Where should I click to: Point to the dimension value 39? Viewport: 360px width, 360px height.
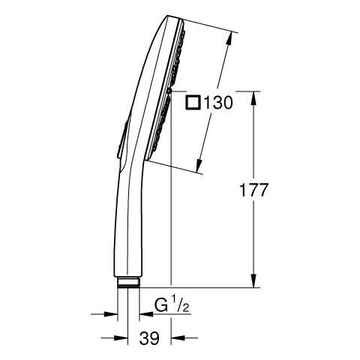150,339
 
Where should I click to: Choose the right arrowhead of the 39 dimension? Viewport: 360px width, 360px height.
177,337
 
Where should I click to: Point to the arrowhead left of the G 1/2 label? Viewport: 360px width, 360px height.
141,315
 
